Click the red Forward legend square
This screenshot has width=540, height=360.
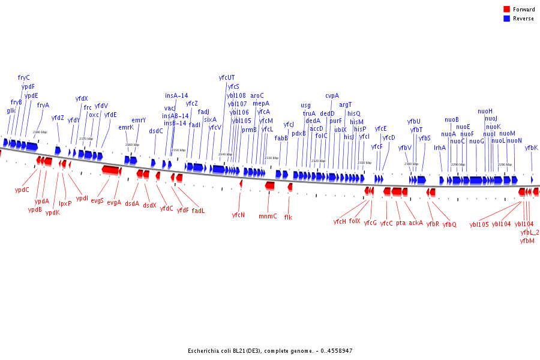[506, 10]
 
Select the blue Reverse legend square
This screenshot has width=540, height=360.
[506, 19]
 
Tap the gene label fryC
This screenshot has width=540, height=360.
[24, 77]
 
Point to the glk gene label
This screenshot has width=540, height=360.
[11, 110]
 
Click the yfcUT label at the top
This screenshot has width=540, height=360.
[227, 77]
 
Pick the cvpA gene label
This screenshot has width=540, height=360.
[332, 95]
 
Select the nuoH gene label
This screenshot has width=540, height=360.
[485, 111]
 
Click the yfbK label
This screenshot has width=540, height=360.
[531, 148]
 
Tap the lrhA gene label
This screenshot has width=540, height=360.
[440, 148]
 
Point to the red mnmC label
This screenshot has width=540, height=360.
[268, 216]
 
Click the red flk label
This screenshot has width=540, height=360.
[288, 217]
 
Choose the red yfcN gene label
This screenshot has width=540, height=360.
[238, 214]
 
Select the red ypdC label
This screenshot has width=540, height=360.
[22, 190]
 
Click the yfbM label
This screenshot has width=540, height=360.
[527, 241]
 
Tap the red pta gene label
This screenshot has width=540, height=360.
[400, 223]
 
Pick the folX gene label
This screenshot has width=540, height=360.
[355, 221]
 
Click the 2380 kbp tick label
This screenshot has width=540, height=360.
[40, 132]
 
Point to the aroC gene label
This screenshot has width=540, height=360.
[257, 95]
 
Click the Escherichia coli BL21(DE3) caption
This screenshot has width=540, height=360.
[270, 350]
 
